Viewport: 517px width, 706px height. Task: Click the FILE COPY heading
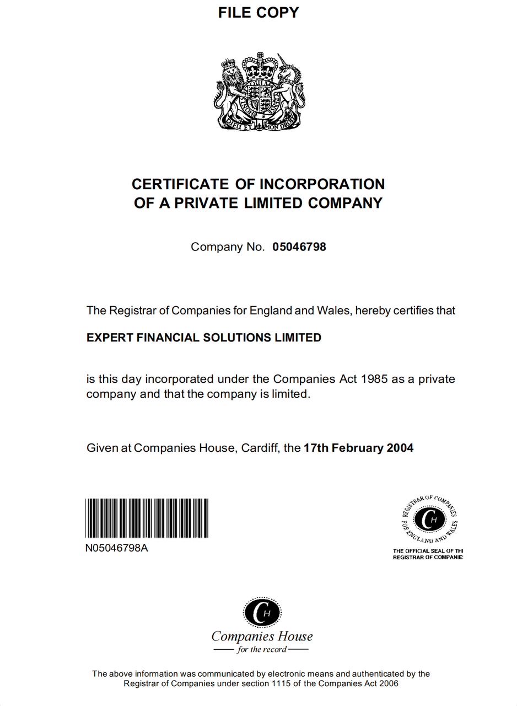click(258, 13)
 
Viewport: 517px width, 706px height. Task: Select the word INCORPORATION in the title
click(322, 184)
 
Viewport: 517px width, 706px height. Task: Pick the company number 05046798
click(299, 247)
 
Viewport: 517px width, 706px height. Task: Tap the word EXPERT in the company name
click(108, 338)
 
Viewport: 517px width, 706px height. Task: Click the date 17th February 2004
click(358, 448)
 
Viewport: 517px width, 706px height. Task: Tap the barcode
click(147, 518)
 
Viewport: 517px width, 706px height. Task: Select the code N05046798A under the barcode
click(116, 548)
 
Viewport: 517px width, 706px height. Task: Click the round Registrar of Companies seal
click(429, 519)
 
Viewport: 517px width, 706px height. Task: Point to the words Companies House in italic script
click(262, 637)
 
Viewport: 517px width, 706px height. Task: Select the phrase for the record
click(262, 650)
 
